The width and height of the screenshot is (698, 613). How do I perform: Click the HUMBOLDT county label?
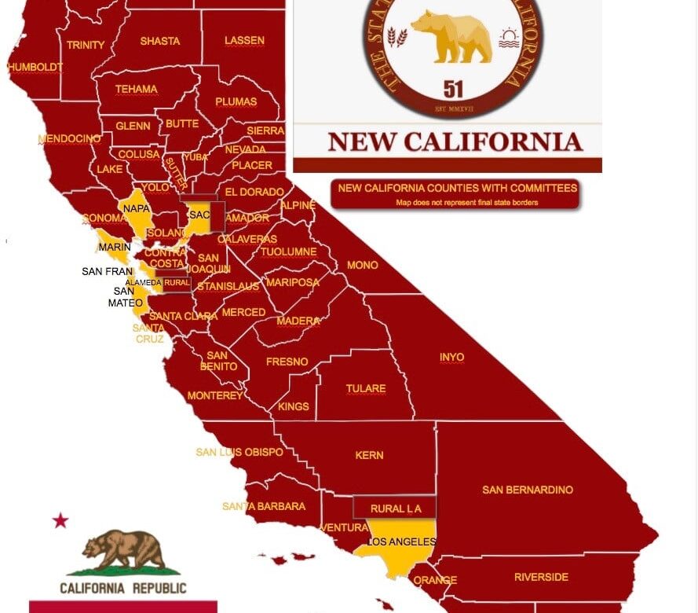coord(35,68)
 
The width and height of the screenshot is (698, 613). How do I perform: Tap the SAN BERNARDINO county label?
coord(528,490)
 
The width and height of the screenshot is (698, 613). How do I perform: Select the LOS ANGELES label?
coord(401,542)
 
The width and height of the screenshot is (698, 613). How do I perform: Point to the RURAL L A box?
coord(396,508)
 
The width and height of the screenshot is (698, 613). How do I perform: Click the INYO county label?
coord(451,357)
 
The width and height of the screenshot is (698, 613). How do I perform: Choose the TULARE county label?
coord(366,388)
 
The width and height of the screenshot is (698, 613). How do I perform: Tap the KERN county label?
coord(369,455)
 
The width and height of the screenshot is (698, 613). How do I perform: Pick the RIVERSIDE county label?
coord(541,577)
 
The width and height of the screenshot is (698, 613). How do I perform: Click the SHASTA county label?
coord(159,41)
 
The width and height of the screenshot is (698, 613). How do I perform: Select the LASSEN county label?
coord(244,40)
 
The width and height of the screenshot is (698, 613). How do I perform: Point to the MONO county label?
coord(362,265)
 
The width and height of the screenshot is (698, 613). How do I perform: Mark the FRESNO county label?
coord(287,362)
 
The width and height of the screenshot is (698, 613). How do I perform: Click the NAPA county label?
coord(137,208)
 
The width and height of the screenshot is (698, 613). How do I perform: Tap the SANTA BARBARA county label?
coord(264,506)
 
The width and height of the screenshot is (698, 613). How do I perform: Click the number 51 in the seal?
coord(453,87)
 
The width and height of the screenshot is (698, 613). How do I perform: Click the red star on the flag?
coord(60,520)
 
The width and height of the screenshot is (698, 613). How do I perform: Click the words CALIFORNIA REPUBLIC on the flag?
coord(123,588)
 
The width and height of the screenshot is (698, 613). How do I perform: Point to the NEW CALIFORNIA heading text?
coord(455,141)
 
